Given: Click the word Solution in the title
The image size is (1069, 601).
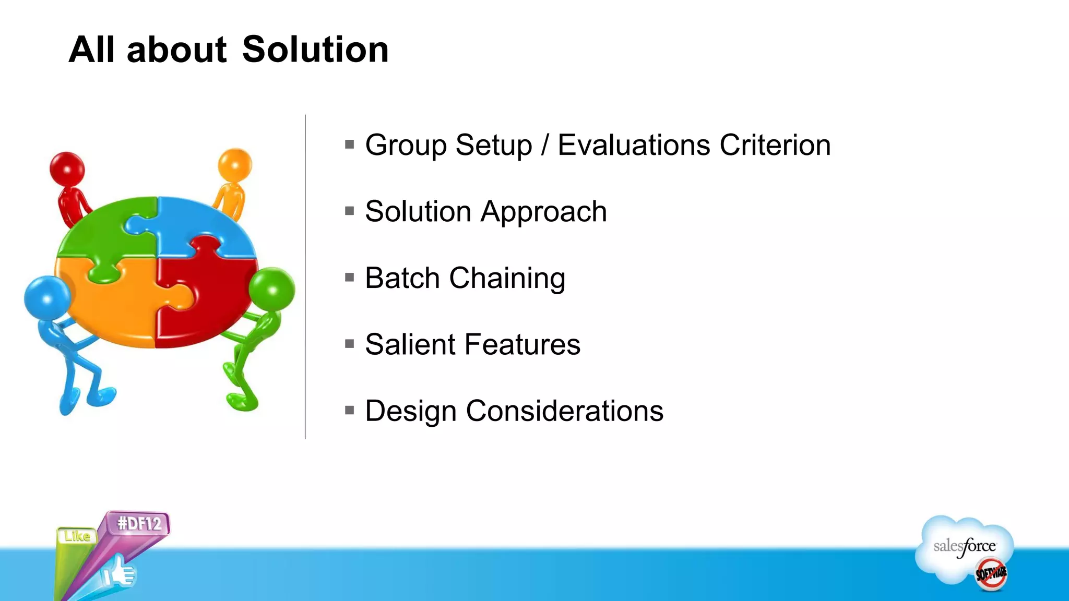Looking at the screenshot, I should (x=315, y=50).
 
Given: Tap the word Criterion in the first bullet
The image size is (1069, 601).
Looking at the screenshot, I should (x=775, y=145).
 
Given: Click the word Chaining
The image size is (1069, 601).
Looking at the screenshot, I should (x=507, y=278).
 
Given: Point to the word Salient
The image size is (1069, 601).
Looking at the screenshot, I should (x=411, y=344).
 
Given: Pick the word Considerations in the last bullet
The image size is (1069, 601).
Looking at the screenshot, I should (x=564, y=411).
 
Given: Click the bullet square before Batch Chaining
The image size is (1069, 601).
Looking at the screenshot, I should (x=350, y=278).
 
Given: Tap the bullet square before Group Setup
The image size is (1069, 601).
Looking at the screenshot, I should (x=350, y=145).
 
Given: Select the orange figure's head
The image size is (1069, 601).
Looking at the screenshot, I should (x=235, y=164).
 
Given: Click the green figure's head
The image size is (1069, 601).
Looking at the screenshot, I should (x=272, y=289).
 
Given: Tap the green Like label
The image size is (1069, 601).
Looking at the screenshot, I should (x=77, y=536).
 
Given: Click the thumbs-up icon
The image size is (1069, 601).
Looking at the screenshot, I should (x=119, y=573).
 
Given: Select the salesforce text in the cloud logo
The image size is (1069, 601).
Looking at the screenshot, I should (x=964, y=547).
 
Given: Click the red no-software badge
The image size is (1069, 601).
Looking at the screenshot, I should (x=991, y=574).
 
